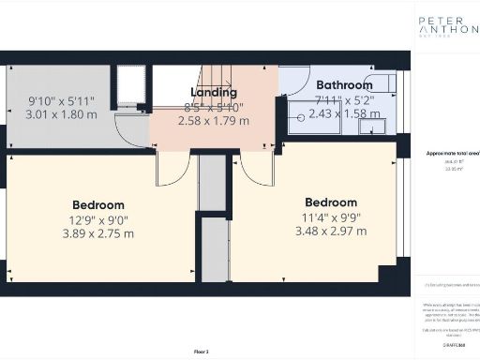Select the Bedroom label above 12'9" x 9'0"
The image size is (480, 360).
coord(98,205)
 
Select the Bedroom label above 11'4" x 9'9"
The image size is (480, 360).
coord(331,202)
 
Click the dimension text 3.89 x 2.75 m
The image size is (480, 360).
coord(98,233)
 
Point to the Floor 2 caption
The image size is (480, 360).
coord(202,351)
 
